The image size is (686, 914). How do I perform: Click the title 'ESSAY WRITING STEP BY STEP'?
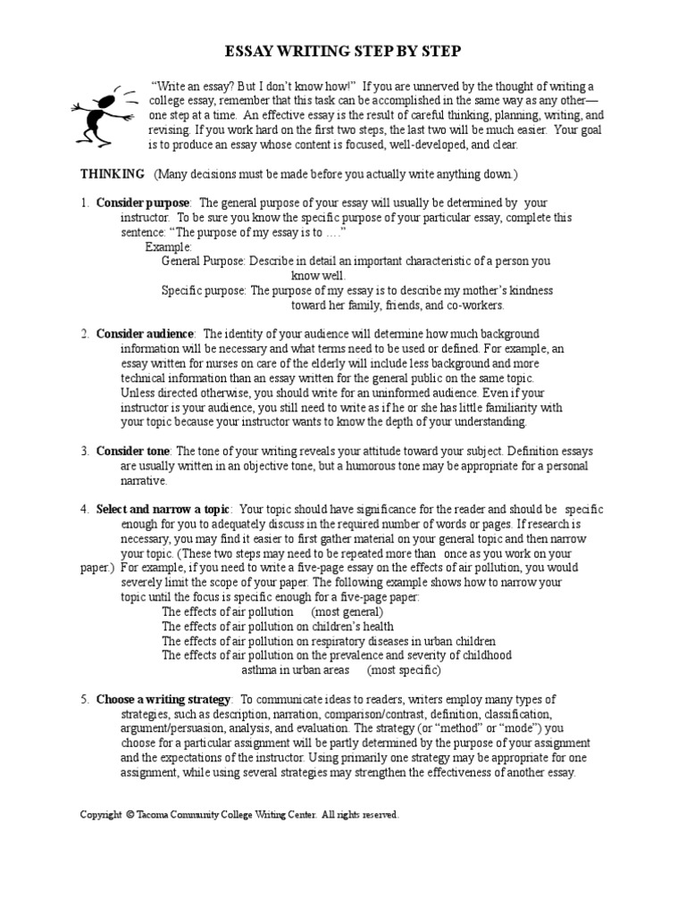point(342,53)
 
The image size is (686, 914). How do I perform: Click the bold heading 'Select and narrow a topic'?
point(163,509)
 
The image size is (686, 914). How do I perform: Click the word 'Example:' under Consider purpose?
point(169,246)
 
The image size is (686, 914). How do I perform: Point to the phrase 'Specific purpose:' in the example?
point(204,290)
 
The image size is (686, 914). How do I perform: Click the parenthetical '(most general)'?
point(347,611)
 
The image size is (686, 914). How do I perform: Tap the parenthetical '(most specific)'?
point(404,669)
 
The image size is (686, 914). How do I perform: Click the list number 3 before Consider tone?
point(84,451)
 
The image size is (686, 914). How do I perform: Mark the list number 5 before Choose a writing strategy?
point(84,699)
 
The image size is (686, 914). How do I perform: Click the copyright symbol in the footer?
point(130,815)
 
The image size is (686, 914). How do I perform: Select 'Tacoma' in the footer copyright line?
point(155,815)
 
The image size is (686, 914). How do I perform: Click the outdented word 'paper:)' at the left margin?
point(97,568)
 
